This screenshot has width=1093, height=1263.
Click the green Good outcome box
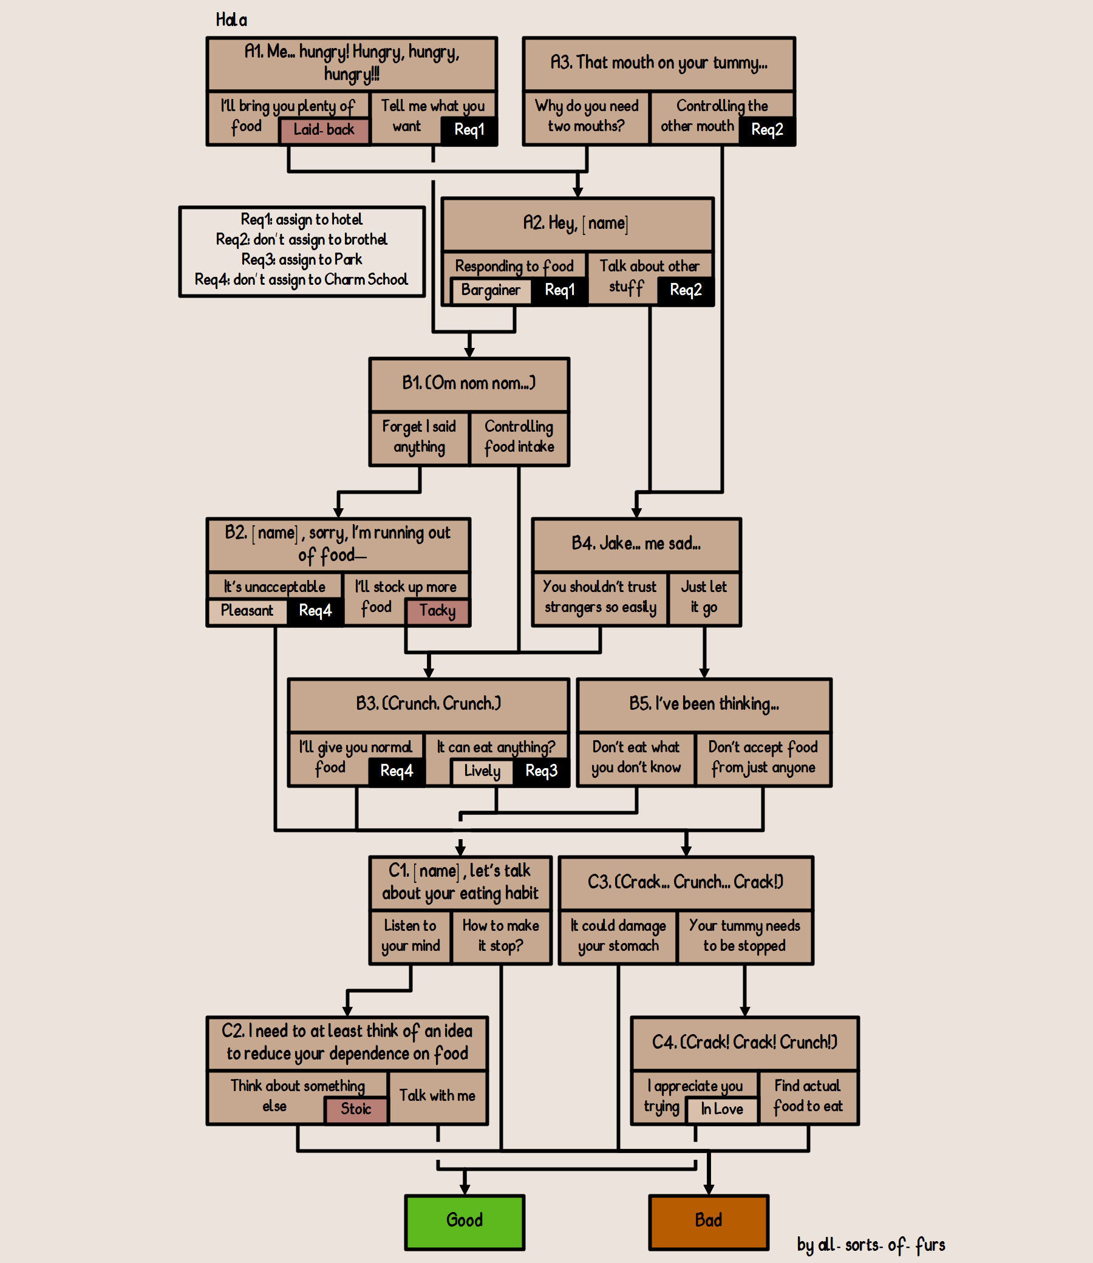464,1220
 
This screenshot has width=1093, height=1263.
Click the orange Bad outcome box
708,1220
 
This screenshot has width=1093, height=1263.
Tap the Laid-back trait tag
324,130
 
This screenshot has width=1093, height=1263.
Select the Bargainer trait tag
491,290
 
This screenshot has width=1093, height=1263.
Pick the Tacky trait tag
437,611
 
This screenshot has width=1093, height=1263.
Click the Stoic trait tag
356,1109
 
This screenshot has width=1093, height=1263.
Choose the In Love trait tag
721,1109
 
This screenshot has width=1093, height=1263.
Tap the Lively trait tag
482,771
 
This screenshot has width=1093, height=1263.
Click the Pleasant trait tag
247,611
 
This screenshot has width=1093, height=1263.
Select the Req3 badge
542,771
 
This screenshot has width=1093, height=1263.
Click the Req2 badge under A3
767,130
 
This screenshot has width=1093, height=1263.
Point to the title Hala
231,20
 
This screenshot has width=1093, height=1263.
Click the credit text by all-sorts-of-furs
870,1245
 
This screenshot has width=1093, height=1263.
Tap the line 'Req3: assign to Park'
301,260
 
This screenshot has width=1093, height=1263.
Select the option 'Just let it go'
704,597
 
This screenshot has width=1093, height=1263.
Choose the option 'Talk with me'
437,1096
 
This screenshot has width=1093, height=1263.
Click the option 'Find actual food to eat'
808,1096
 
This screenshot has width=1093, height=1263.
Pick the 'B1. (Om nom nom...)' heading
468,384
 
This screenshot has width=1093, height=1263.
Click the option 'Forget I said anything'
419,437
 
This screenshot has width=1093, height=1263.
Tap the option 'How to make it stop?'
500,936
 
